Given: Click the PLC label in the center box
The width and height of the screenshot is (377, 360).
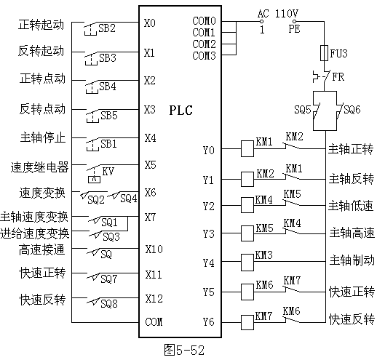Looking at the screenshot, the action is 180,110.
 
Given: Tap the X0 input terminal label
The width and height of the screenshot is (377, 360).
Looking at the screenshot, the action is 149,23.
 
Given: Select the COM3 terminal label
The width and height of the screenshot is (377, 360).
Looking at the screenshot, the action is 204,55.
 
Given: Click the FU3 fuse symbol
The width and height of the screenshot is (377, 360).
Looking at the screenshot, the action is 324,52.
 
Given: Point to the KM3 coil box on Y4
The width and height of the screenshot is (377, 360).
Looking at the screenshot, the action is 247,263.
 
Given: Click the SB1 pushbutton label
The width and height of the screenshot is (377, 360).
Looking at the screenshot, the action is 108,144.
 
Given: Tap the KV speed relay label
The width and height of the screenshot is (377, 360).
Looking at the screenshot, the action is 108,172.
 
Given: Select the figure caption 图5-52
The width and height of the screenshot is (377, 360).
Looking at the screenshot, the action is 184,350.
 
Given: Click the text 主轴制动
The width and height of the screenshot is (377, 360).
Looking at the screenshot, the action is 352,260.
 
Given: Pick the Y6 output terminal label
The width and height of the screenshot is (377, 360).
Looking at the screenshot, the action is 209,322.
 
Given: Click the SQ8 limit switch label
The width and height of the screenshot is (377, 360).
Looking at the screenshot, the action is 109,303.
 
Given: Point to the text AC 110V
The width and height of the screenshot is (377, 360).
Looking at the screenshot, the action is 278,13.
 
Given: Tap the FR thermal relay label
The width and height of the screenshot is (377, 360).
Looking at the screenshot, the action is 338,77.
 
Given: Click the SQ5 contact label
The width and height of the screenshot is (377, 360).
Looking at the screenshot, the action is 302,110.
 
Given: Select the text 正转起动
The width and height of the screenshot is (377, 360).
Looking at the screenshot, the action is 41,25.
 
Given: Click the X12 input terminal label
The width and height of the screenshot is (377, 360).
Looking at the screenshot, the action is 154,299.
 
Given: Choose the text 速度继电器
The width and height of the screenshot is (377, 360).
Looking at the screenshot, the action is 39,167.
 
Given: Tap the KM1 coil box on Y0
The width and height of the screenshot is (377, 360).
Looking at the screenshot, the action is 247,148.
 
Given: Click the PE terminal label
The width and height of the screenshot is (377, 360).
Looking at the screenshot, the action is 294,29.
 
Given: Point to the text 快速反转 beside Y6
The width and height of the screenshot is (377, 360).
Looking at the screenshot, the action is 352,319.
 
